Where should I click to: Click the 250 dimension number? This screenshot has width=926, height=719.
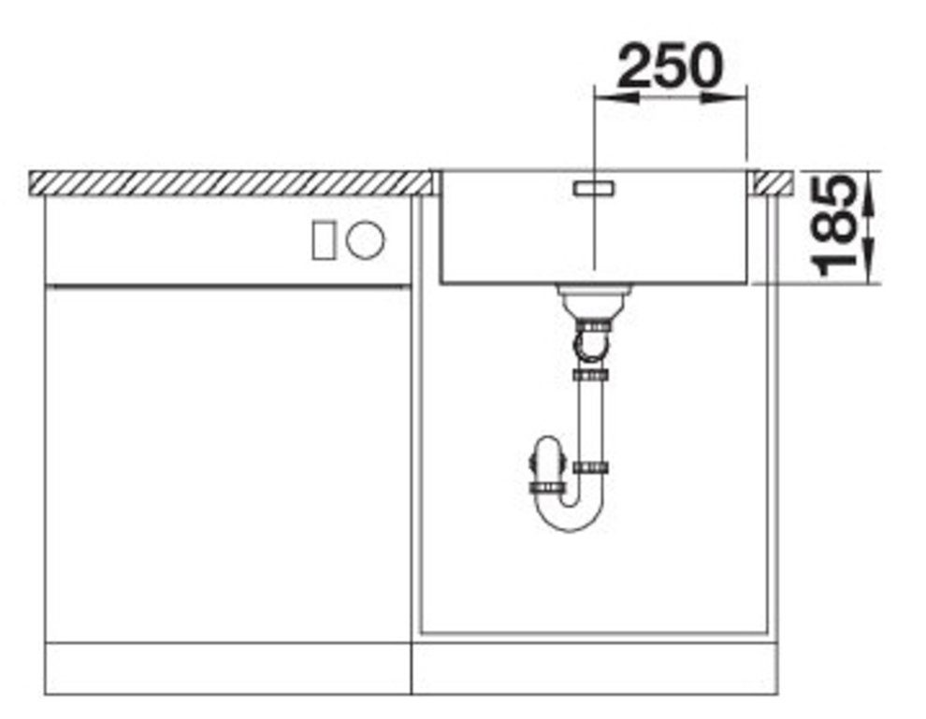pos(670,65)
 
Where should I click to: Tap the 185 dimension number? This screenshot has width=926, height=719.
pos(835,228)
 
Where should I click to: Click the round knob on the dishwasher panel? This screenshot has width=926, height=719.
pos(365,240)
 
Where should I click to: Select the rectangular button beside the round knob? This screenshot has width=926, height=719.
pos(325,240)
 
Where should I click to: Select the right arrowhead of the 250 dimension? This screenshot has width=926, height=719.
pos(735,95)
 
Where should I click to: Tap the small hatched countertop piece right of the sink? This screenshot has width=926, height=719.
pos(774,181)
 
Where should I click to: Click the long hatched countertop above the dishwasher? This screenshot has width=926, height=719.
pos(224,182)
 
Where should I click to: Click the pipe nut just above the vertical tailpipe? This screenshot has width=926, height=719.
pos(590,375)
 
